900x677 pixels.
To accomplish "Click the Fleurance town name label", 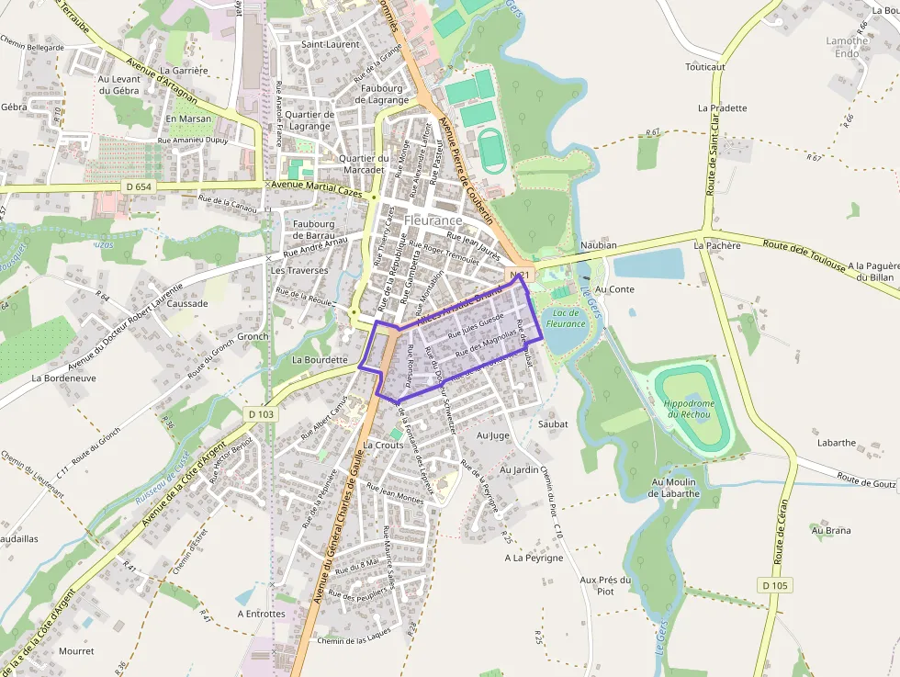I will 433,220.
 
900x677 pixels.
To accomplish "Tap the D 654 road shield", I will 138,186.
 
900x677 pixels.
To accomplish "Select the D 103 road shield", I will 261,414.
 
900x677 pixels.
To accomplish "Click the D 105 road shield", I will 775,585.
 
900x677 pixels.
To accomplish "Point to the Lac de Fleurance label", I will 565,318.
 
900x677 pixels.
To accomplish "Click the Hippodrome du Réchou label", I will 688,409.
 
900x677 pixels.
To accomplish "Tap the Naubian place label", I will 599,245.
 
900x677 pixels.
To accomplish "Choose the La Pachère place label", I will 717,245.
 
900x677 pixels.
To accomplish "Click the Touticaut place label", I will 705,67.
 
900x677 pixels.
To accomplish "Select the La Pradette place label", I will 722,107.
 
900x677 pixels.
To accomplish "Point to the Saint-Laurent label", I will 331,44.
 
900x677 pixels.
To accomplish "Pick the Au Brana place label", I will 830,530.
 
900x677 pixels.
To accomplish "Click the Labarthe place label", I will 837,442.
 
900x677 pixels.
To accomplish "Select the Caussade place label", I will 187,303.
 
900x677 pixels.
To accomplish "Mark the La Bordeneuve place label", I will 63,378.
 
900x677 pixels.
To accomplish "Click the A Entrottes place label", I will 262,614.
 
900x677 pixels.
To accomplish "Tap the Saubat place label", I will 553,424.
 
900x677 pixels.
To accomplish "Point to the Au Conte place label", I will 614,288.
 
